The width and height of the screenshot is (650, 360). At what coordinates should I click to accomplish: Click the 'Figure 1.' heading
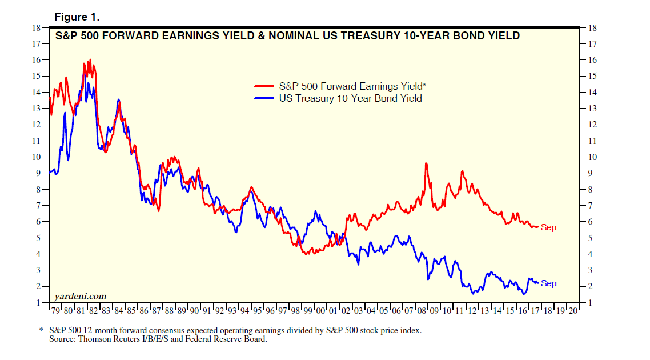pos(77,17)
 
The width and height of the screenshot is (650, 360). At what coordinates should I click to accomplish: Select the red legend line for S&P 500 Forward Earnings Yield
pos(264,87)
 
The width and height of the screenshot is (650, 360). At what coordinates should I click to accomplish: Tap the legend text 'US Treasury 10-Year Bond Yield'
pos(350,98)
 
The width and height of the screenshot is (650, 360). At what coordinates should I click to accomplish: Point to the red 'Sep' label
pos(548,228)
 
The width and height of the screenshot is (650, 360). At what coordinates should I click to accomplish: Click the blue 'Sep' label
pos(548,284)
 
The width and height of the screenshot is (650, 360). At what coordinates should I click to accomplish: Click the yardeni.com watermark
pos(80,295)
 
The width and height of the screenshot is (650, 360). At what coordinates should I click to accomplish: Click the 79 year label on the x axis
pos(55,311)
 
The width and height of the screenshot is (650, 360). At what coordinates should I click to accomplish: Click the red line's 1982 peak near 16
pos(90,59)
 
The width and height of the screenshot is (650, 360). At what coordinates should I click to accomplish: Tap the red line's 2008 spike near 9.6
pos(426,163)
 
